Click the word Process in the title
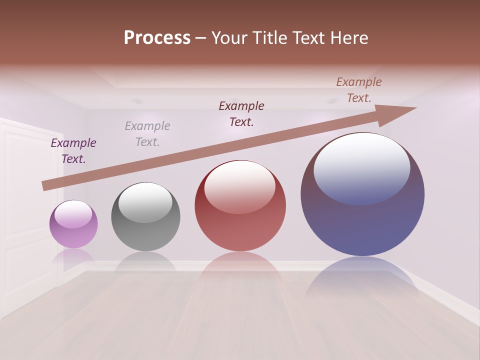[157, 38]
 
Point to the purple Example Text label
[73, 151]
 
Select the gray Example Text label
[147, 134]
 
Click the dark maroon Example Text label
[241, 114]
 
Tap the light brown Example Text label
[359, 90]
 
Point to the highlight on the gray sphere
[145, 201]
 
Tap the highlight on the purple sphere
[73, 213]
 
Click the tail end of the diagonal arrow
[46, 185]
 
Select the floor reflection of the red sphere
[240, 270]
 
